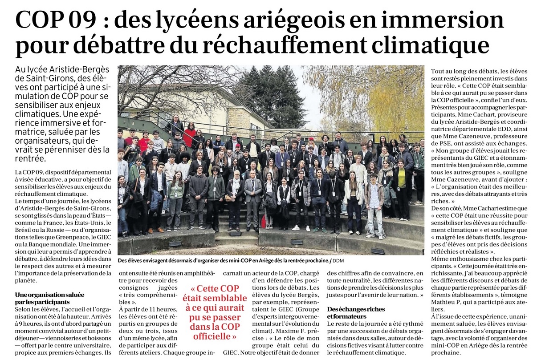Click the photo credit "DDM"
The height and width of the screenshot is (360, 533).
click(338, 261)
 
